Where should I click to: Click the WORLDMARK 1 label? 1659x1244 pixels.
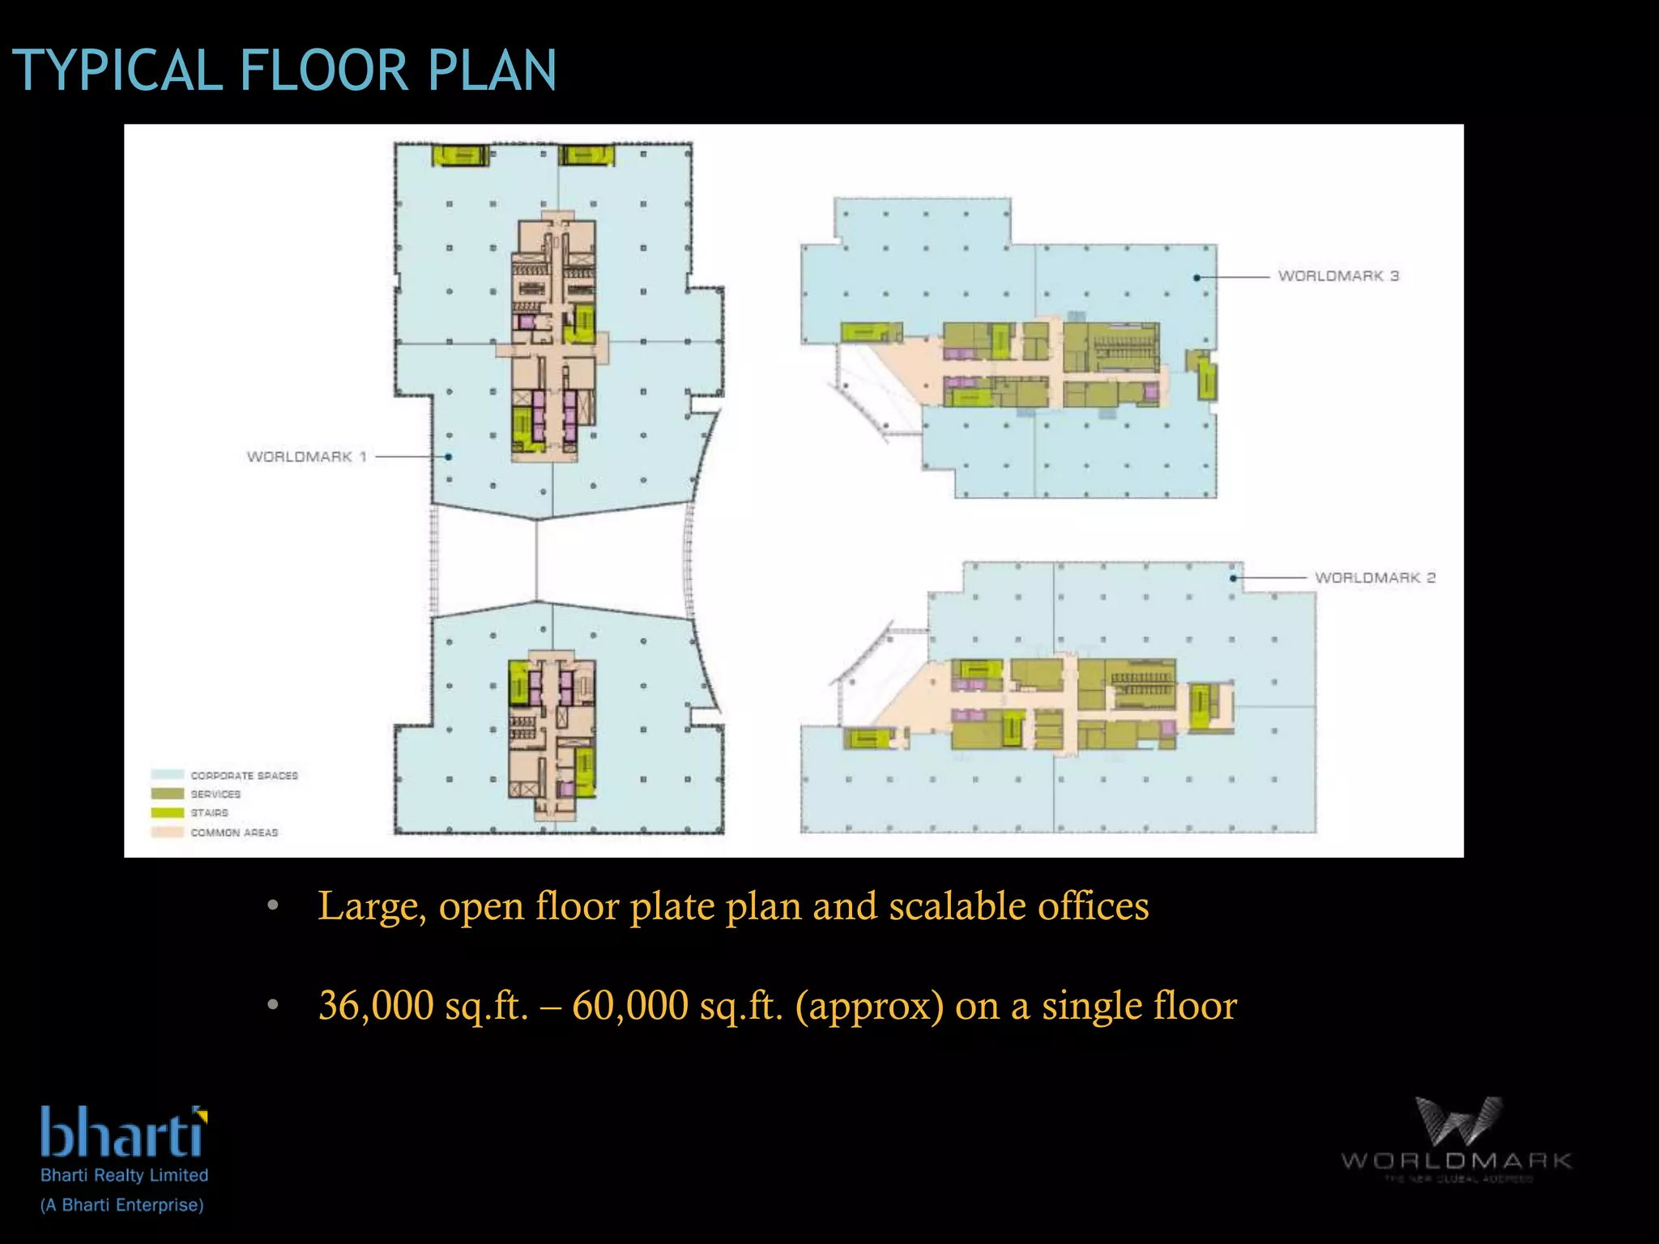coord(306,457)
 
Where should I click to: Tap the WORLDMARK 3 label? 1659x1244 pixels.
coord(1338,276)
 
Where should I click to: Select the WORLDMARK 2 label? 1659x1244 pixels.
coord(1375,577)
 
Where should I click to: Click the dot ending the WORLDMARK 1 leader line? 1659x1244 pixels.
coord(448,457)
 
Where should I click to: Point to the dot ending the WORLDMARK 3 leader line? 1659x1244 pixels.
coord(1196,278)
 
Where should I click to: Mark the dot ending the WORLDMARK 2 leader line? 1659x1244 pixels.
coord(1233,578)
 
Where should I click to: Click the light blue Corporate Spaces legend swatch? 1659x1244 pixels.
coord(167,775)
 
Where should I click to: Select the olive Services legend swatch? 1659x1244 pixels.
coord(167,794)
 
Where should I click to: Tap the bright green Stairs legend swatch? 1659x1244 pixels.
coord(167,812)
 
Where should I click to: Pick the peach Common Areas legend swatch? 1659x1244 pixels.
coord(167,832)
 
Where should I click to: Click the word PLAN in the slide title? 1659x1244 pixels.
coord(492,70)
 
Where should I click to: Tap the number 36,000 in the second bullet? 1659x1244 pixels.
coord(376,1005)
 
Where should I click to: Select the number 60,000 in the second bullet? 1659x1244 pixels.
coord(630,1005)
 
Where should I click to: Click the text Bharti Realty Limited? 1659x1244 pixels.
coord(124,1175)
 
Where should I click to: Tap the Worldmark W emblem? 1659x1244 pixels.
coord(1457,1122)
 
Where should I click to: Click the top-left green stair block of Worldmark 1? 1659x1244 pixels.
coord(460,155)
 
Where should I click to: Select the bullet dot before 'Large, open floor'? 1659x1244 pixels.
coord(273,905)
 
